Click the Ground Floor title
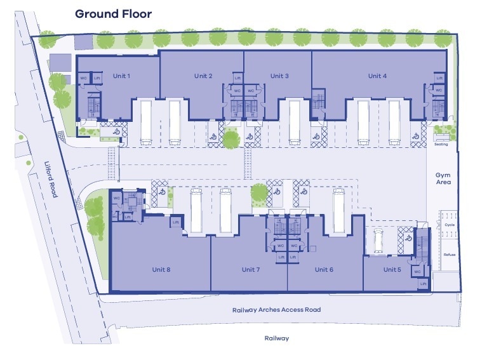coord(114,13)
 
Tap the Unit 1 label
coord(121,76)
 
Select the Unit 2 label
coord(203,76)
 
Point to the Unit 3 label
coord(280,76)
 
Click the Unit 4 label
coord(377,76)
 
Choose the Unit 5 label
coord(392,269)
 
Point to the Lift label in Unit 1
coord(97,79)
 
